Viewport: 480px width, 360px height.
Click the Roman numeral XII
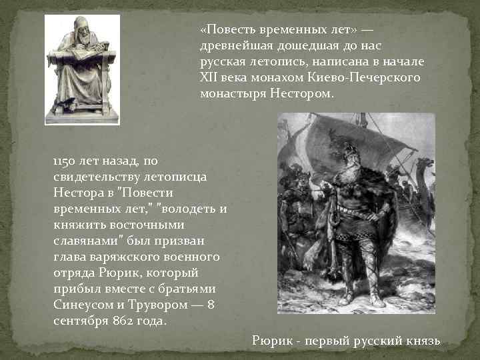coord(208,78)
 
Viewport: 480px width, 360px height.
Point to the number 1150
coord(65,161)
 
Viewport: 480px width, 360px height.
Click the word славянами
coord(84,241)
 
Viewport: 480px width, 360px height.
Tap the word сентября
coord(78,321)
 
